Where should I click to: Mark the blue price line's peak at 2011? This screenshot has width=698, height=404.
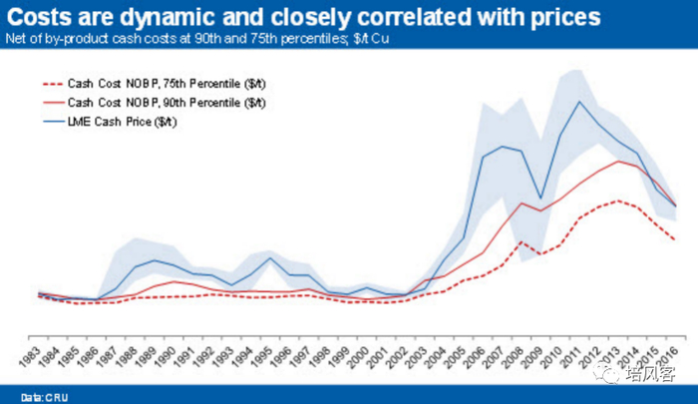click(580, 101)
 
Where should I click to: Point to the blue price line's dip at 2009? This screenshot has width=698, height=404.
click(541, 199)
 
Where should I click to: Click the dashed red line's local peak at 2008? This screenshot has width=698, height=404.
click(520, 241)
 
